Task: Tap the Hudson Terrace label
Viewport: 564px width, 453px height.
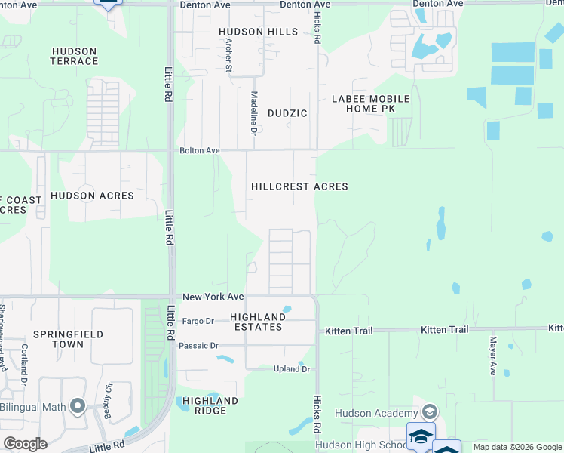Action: point(74,57)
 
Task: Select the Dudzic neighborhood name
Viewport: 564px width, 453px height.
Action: point(287,113)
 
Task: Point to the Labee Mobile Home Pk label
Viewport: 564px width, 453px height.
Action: point(371,104)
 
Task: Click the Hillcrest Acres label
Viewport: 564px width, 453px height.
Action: point(299,186)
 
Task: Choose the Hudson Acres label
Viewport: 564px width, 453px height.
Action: point(92,196)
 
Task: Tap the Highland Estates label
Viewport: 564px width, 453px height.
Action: point(256,322)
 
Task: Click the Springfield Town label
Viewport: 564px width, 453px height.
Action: point(68,339)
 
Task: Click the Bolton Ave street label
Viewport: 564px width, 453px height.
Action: point(200,151)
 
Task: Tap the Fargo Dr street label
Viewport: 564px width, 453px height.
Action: point(198,322)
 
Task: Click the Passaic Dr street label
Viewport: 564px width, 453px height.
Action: point(199,346)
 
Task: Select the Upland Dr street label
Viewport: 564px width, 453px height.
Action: point(292,369)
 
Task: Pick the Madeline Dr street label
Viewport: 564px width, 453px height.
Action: point(254,113)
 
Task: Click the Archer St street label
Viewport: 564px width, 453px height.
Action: point(228,55)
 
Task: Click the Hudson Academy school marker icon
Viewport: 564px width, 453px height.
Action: point(430,412)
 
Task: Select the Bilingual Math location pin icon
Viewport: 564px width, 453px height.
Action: point(77,407)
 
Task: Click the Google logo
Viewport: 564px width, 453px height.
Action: point(25,443)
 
